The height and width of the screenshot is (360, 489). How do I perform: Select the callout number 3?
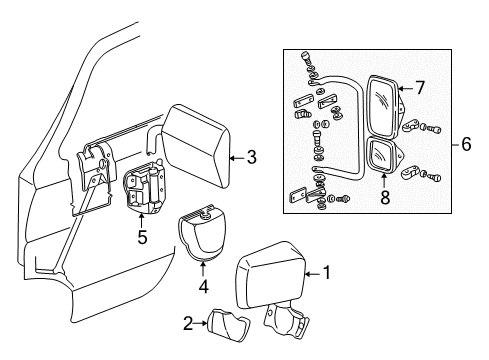click(x=251, y=156)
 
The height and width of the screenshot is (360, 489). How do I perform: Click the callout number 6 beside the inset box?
click(x=466, y=144)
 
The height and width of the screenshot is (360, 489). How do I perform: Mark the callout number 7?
click(x=421, y=88)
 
